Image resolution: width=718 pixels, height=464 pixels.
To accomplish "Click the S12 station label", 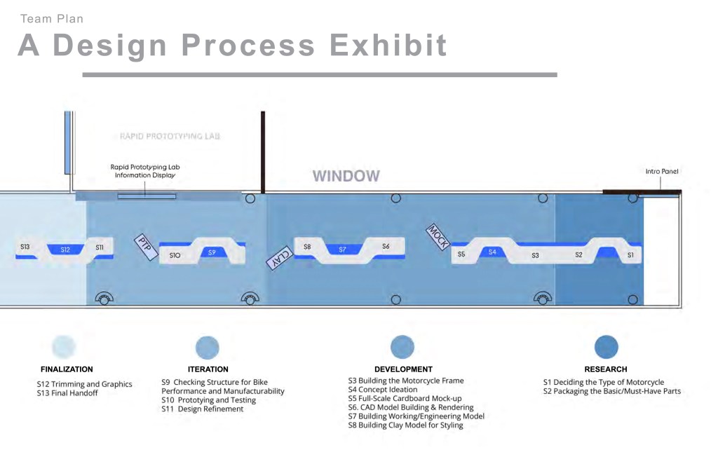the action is click(x=65, y=250).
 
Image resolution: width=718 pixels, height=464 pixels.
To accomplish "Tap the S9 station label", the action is click(x=212, y=252).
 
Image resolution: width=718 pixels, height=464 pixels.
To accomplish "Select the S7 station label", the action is click(x=342, y=250).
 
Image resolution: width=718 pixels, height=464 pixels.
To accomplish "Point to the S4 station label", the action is click(x=492, y=252).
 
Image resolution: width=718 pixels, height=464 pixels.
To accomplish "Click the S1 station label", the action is click(x=630, y=255).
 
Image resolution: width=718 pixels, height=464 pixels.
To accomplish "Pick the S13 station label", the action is click(x=25, y=247).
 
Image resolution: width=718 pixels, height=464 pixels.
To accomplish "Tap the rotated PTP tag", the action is click(x=146, y=247).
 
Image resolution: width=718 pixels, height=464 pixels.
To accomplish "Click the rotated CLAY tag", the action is click(x=280, y=258).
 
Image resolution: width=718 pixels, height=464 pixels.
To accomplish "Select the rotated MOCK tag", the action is click(x=438, y=237).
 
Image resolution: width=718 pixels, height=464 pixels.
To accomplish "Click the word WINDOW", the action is click(x=346, y=176).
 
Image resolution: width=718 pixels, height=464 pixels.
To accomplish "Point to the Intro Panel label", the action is click(x=662, y=171).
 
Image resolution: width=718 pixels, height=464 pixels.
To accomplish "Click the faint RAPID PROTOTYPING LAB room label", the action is click(x=170, y=136).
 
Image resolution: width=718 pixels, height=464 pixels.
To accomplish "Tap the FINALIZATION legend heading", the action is click(x=67, y=369).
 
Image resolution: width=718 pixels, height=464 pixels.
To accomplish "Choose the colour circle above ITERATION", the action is click(x=208, y=348).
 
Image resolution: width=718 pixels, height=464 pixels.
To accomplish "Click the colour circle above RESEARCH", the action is click(x=607, y=347).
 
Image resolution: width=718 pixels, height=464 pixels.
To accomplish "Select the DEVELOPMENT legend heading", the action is click(x=403, y=369).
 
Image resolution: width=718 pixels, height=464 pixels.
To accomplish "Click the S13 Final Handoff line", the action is click(x=67, y=393).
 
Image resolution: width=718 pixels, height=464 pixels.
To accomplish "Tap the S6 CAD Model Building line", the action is click(x=411, y=407).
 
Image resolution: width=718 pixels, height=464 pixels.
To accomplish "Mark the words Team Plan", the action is click(x=52, y=19).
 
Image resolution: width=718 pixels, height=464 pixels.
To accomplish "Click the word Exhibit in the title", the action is click(x=388, y=45).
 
